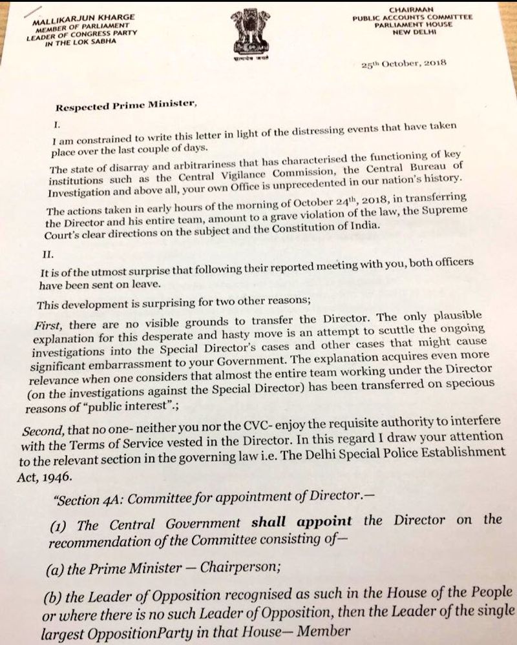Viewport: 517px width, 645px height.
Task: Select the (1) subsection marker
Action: (x=61, y=524)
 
